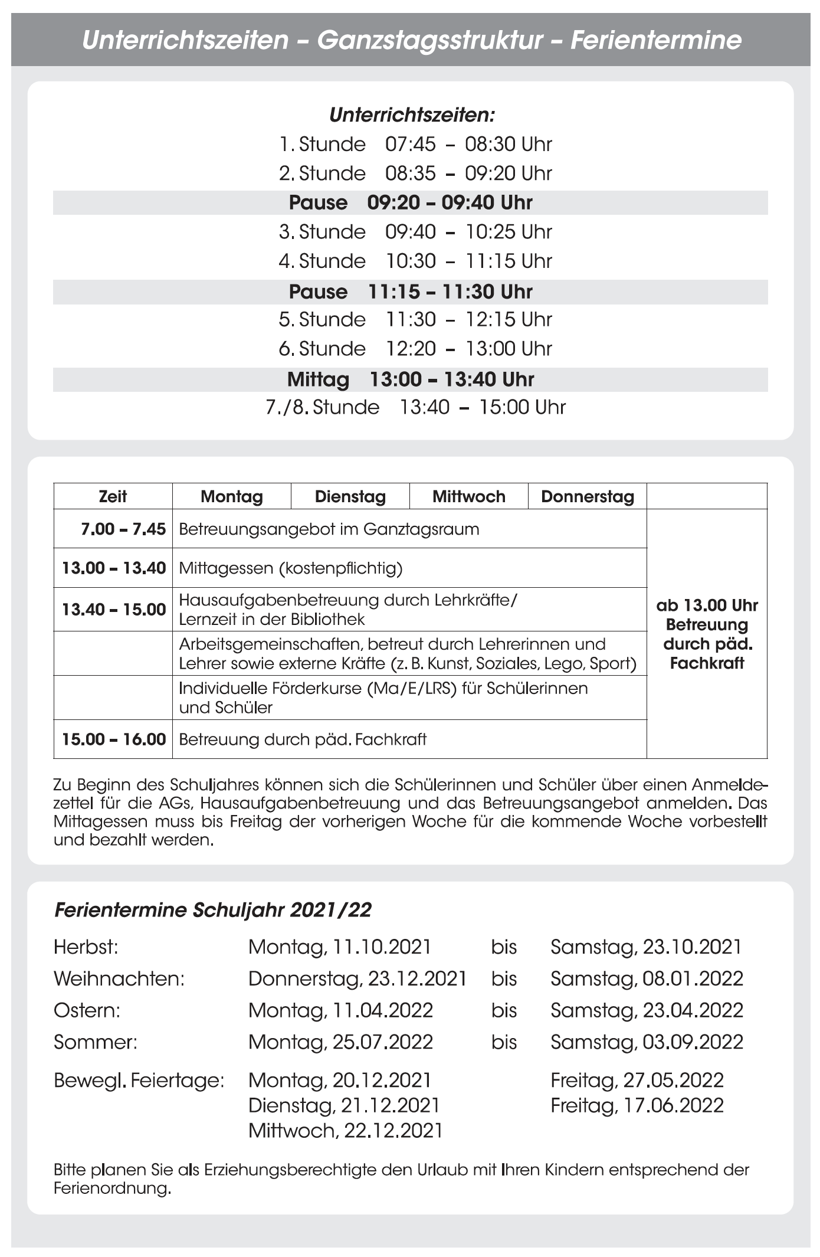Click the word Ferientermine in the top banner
[x=655, y=40]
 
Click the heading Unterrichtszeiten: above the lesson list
[x=411, y=114]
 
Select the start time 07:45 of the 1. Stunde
[x=411, y=144]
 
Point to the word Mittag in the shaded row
[x=318, y=379]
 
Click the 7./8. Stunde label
[x=322, y=407]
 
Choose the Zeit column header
[x=113, y=496]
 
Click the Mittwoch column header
[x=468, y=496]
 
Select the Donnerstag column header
[x=587, y=496]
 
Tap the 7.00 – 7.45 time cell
[x=123, y=529]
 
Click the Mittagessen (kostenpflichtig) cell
[x=291, y=568]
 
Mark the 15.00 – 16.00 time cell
[x=114, y=739]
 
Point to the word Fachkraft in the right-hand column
[x=707, y=663]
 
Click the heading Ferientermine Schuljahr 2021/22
[x=212, y=910]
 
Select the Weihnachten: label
[x=119, y=978]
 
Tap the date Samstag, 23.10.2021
[x=645, y=947]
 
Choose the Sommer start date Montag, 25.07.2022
[x=340, y=1042]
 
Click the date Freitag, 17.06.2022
[x=637, y=1105]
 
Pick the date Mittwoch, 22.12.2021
[x=345, y=1130]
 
